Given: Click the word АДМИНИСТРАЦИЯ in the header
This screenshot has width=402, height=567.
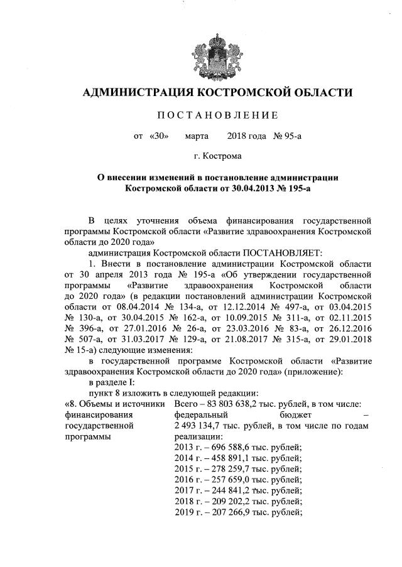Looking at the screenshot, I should pos(133,94).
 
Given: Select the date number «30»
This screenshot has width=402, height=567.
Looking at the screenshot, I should pos(160,135).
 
